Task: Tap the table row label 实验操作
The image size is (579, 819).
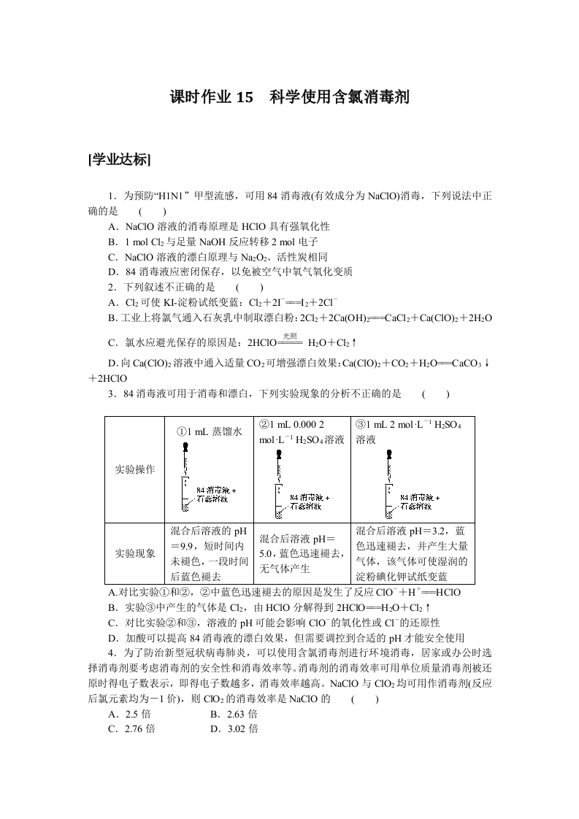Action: click(x=136, y=469)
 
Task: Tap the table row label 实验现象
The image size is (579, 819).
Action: click(x=136, y=553)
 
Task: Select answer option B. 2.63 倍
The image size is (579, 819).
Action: click(x=234, y=714)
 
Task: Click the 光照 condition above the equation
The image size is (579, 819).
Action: click(x=291, y=335)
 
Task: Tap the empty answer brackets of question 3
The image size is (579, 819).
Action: click(x=435, y=393)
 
